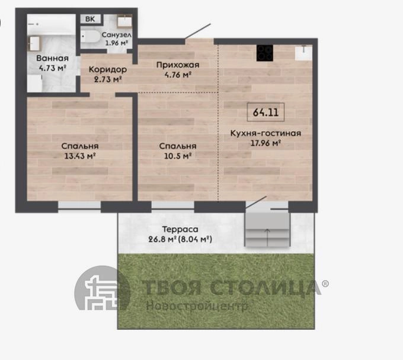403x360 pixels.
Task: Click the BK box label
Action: tap(90, 19)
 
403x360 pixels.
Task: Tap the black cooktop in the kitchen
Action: tap(265, 53)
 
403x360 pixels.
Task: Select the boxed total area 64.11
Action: tap(266, 112)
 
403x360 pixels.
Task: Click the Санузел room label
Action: tap(116, 35)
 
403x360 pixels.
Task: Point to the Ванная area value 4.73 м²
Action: tap(52, 68)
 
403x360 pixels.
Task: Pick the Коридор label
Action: tap(108, 69)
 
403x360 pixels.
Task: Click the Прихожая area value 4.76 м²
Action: tap(178, 75)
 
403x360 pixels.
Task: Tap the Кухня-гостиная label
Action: tap(266, 133)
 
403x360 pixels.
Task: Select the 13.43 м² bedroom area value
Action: tap(80, 156)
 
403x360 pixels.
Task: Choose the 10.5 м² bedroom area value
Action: tap(178, 156)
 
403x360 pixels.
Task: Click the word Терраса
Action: tap(180, 229)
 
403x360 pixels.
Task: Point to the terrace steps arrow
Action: tap(267, 237)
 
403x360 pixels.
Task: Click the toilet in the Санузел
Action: tap(90, 37)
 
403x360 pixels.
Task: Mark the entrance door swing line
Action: tap(197, 31)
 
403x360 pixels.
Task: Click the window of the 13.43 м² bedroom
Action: tap(79, 207)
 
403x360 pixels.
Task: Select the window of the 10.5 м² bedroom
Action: tap(172, 207)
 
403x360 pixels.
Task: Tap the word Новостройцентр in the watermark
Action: tap(197, 306)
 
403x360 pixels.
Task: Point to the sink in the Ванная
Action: tap(34, 43)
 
